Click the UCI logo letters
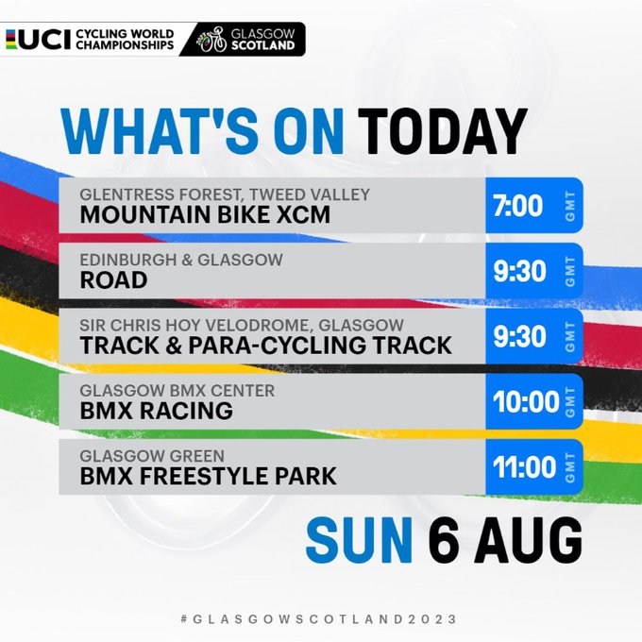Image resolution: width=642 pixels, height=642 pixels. (45, 40)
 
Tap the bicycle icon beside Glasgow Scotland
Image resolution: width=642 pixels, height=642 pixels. (211, 40)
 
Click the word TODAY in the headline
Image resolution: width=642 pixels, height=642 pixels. (442, 132)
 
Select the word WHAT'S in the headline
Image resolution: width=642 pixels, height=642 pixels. (160, 132)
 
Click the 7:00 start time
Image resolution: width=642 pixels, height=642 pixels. (517, 206)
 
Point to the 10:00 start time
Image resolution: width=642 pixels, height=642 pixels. (526, 401)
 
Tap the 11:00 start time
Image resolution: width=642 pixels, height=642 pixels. (525, 467)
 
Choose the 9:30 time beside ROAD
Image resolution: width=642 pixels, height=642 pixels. (519, 271)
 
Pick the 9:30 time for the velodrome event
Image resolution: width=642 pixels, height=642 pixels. (519, 336)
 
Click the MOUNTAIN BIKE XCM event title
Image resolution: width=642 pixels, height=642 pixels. (205, 215)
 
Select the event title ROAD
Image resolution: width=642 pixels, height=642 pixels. (114, 280)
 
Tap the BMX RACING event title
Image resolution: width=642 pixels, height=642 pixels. (157, 411)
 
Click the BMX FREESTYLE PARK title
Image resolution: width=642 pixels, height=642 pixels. (209, 476)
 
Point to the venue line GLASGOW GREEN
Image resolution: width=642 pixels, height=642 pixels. (152, 456)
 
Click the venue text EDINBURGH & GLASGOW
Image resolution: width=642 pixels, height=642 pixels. (181, 260)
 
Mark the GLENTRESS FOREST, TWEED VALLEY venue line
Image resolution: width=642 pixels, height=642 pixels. (225, 194)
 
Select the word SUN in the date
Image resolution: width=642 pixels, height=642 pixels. (359, 540)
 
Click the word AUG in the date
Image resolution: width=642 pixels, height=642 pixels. (529, 540)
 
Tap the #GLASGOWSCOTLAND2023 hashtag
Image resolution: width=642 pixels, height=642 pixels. (318, 618)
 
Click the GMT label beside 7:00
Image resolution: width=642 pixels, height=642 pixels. (570, 206)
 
